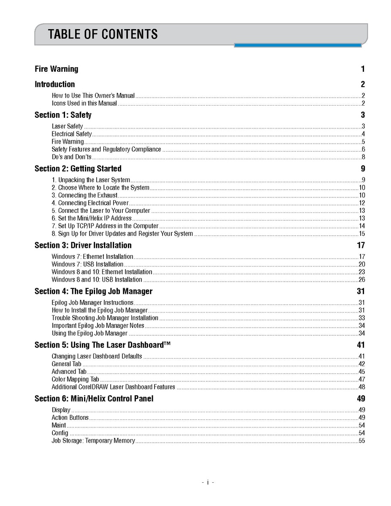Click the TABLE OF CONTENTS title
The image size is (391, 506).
pos(103,34)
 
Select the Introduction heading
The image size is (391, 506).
pos(55,84)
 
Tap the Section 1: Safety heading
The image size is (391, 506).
pos(63,115)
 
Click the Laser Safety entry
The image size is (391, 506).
pos(68,126)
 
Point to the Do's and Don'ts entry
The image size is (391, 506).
pos(72,157)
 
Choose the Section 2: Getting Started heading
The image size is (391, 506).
pos(78,169)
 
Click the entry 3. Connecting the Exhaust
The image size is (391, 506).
pos(84,195)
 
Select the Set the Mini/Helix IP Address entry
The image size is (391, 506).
pos(92,218)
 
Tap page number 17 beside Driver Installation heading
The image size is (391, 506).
pos(361,245)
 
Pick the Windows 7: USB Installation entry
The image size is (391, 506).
pos(87,264)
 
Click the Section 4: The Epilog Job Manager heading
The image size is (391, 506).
pos(93,291)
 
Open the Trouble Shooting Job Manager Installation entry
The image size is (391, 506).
pos(105,318)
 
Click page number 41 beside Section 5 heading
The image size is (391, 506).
pos(361,345)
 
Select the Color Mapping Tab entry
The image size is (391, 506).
pos(76,379)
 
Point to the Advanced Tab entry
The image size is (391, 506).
pos(69,372)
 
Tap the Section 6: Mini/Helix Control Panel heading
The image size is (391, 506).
pos(94,399)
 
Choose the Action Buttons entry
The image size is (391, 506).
pos(70,418)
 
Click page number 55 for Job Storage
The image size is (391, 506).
pos(361,441)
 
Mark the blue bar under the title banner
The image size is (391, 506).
pos(298,45)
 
